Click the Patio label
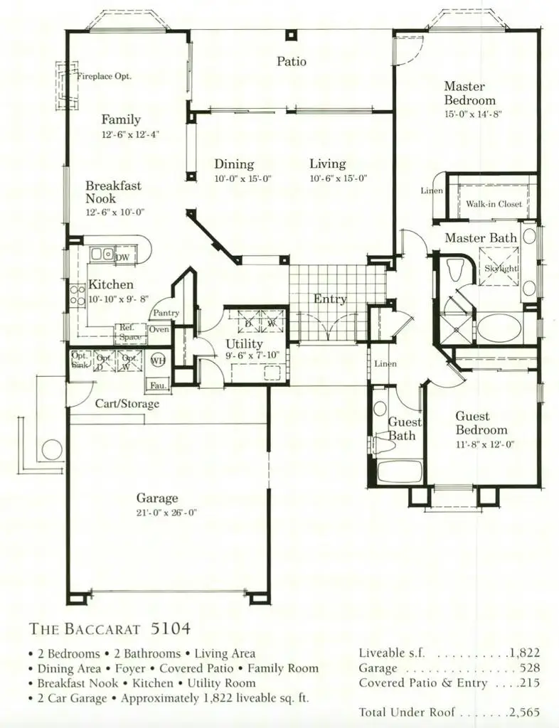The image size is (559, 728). tap(292, 62)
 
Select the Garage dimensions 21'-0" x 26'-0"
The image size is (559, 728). tap(158, 513)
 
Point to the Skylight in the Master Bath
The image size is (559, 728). tap(501, 268)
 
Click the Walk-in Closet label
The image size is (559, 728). tap(494, 204)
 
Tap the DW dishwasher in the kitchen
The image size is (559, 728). tap(122, 257)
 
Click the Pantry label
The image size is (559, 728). tap(165, 313)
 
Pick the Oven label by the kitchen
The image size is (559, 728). tap(158, 329)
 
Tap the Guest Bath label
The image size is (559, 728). tap(402, 428)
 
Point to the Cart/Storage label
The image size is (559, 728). tap(127, 404)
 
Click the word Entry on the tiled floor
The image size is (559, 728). tap(330, 299)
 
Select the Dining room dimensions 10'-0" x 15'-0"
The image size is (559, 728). tap(243, 179)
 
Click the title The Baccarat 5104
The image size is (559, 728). tap(110, 628)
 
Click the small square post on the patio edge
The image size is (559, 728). tap(290, 36)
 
